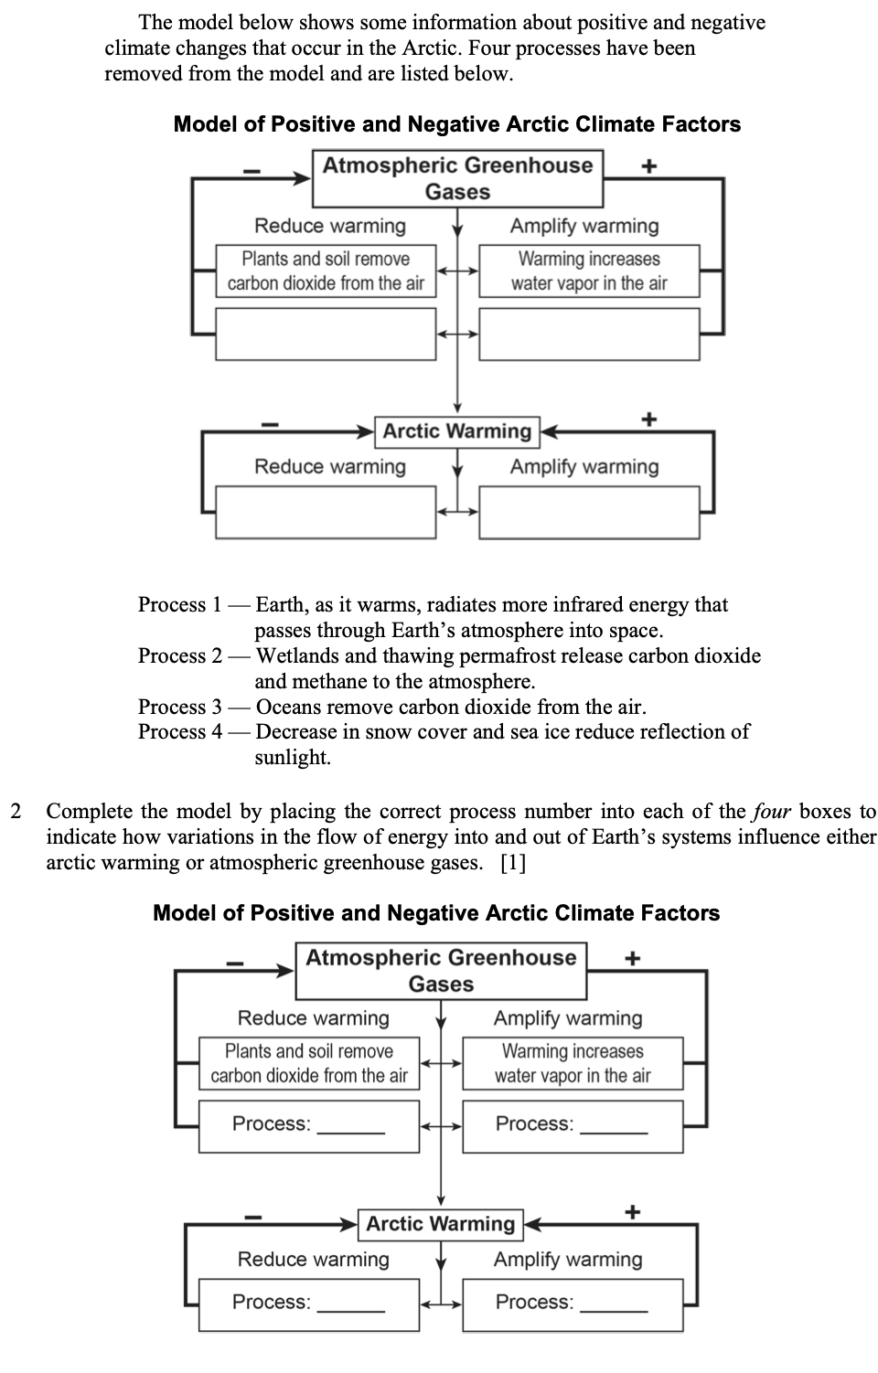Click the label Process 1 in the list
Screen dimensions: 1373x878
180,605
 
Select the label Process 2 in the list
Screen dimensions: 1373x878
180,656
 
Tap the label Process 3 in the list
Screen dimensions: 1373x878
180,708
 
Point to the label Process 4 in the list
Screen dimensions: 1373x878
180,732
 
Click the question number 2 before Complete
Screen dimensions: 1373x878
16,812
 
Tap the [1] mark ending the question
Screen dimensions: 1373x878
513,863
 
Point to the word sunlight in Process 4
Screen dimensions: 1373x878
293,758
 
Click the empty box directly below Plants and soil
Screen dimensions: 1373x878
326,334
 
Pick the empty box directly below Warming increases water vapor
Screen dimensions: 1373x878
589,334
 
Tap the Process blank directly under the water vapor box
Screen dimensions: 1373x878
614,1125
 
